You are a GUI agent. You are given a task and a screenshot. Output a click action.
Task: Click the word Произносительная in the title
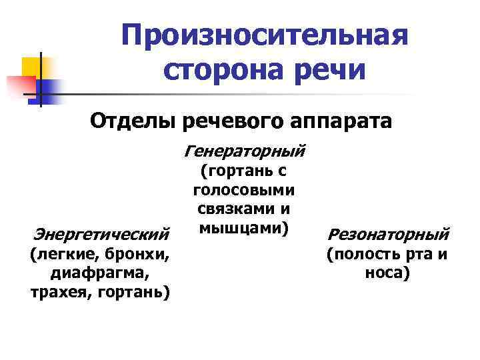coord(265,34)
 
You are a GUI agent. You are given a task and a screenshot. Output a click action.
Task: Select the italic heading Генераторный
coord(243,150)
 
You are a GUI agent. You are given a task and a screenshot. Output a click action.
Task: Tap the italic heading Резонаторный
coord(389,235)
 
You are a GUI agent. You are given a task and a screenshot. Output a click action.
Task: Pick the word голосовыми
coord(244,191)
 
